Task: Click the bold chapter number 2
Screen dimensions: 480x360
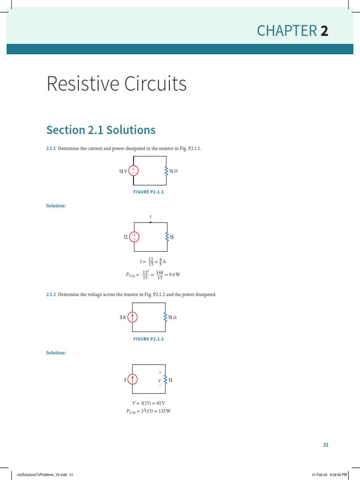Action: pyautogui.click(x=324, y=31)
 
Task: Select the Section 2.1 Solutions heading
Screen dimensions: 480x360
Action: pyautogui.click(x=101, y=130)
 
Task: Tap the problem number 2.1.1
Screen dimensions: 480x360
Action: pyautogui.click(x=51, y=149)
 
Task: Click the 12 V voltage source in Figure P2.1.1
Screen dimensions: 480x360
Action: pyautogui.click(x=134, y=171)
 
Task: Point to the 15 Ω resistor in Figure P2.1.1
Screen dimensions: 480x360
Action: pyautogui.click(x=166, y=171)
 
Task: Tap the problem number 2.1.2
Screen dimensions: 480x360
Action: pyautogui.click(x=51, y=295)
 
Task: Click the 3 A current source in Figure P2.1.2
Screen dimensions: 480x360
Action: pyautogui.click(x=133, y=317)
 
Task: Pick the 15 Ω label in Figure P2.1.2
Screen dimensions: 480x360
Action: pyautogui.click(x=172, y=317)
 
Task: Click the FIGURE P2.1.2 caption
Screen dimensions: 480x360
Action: pyautogui.click(x=149, y=339)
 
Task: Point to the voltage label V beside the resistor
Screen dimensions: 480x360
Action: pyautogui.click(x=159, y=380)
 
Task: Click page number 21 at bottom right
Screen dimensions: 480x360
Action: pyautogui.click(x=326, y=445)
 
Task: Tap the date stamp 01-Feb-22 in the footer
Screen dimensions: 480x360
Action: pyautogui.click(x=320, y=475)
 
